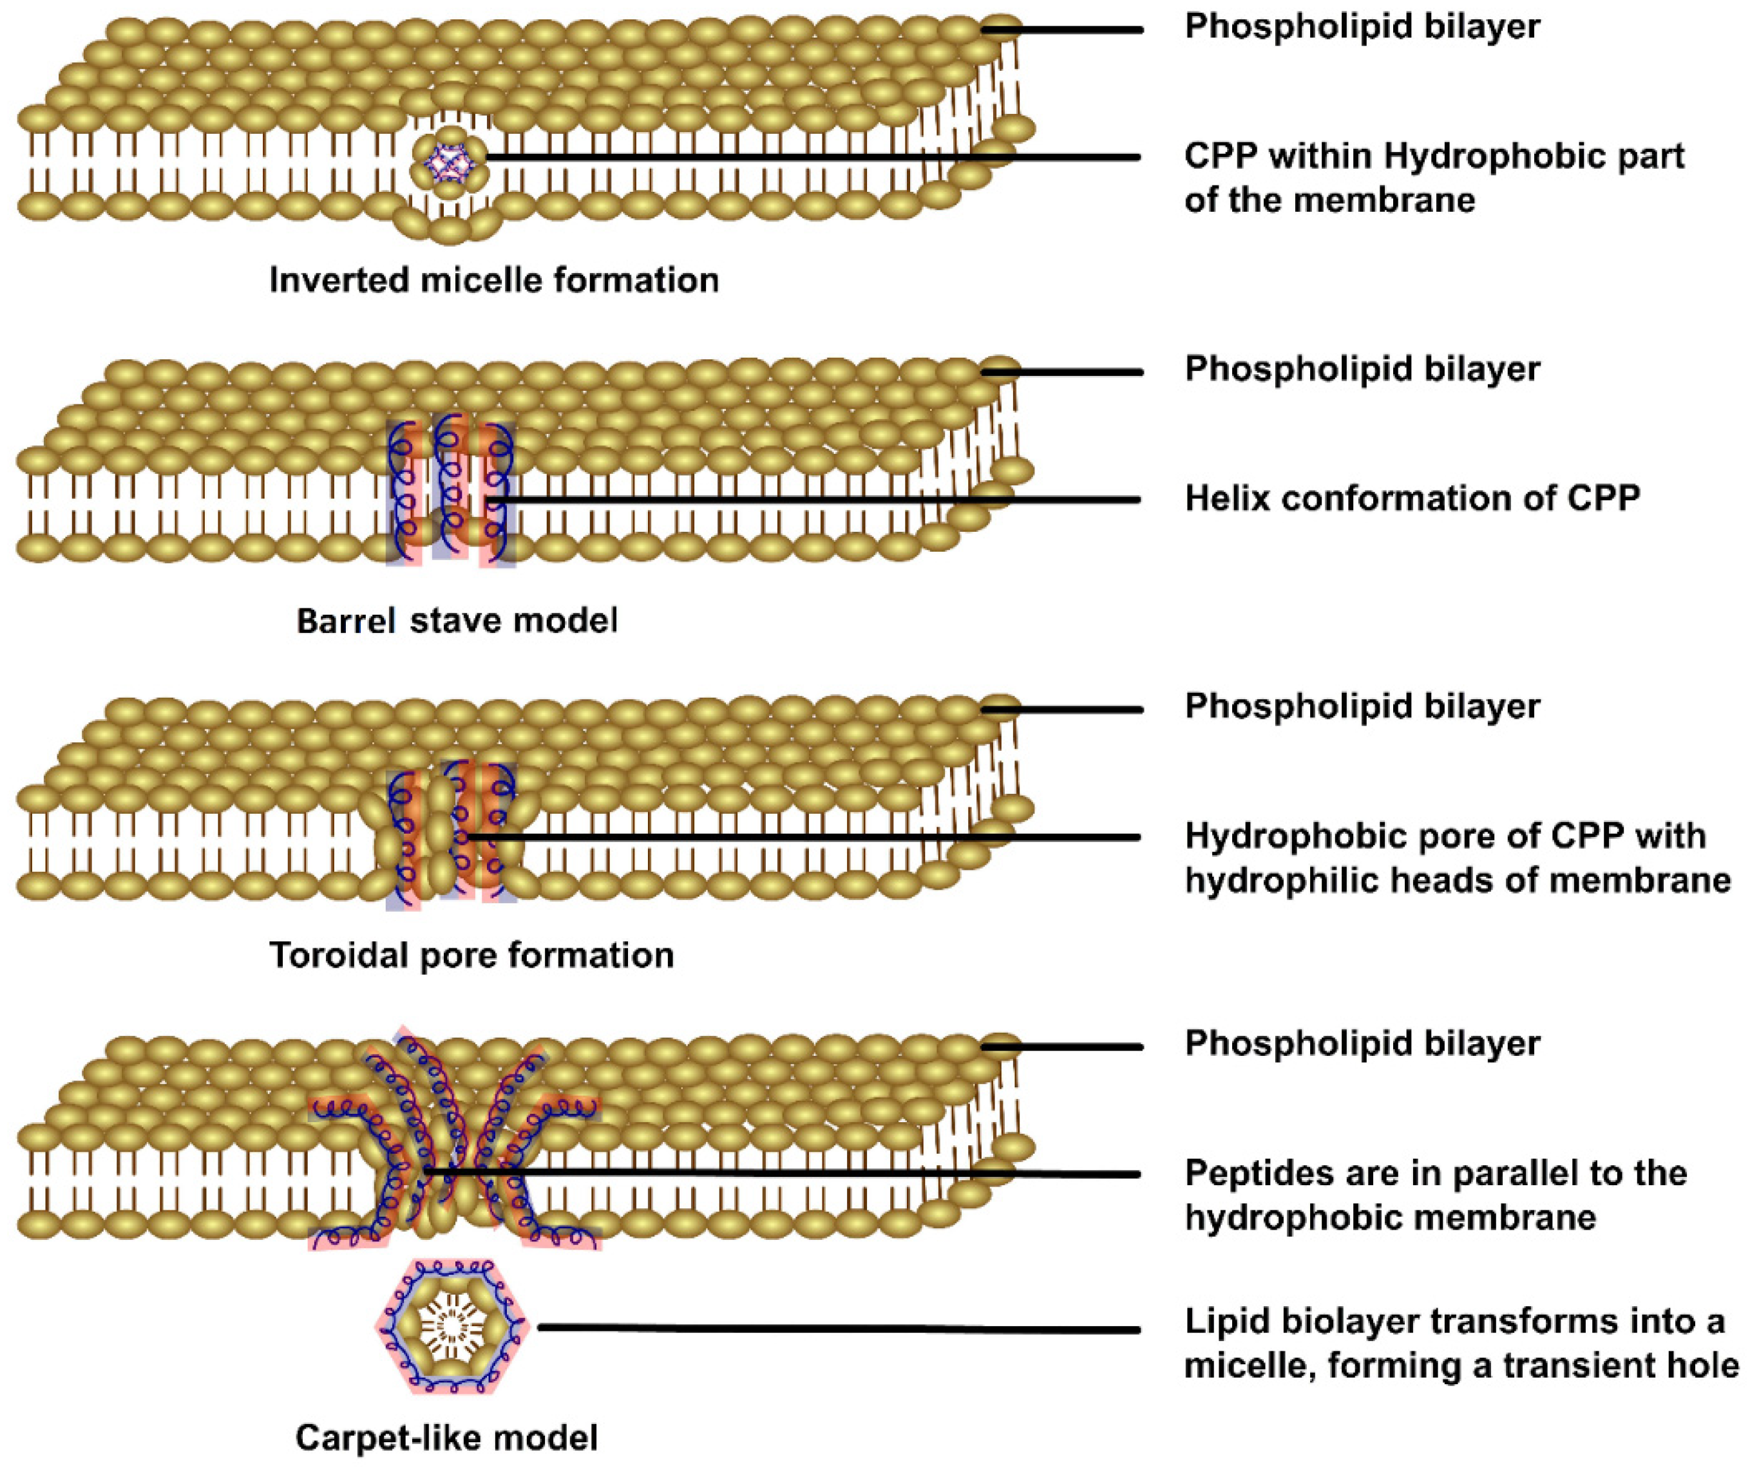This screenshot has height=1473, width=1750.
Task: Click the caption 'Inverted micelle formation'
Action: pos(493,281)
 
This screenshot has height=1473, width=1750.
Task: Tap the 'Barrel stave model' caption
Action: pos(457,621)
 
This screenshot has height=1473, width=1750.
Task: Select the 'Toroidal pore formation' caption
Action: pos(471,955)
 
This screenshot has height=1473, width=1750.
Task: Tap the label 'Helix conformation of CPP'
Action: pos(1412,498)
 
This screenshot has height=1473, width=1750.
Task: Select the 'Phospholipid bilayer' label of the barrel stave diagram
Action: pos(1362,369)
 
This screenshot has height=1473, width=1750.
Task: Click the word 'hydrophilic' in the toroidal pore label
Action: pos(1283,880)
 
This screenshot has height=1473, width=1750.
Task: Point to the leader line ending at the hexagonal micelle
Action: pos(835,1328)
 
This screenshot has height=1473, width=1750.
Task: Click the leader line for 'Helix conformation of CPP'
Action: pos(819,500)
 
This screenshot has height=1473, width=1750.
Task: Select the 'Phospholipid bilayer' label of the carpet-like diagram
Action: pos(1362,1044)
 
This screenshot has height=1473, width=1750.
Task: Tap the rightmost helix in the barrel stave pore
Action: pos(499,493)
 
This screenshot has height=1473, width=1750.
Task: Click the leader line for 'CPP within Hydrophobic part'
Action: pos(810,157)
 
